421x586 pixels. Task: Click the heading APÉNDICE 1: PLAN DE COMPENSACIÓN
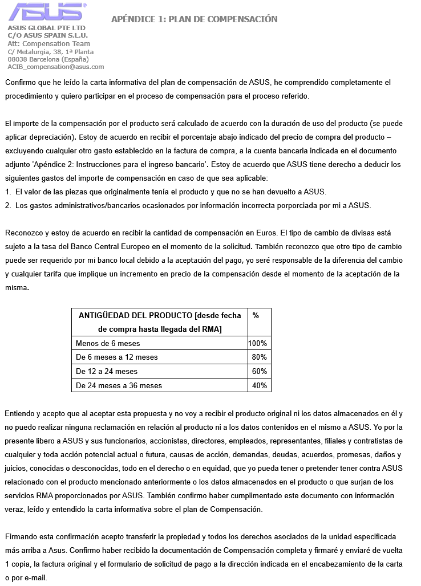coord(194,19)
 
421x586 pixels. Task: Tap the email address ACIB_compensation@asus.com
coord(55,67)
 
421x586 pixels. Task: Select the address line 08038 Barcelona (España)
coord(48,59)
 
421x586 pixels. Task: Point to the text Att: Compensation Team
coord(48,44)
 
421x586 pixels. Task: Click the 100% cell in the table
coord(258,343)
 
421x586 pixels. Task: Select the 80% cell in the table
coord(260,357)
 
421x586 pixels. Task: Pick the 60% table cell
coord(260,372)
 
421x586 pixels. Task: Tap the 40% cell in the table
coord(260,386)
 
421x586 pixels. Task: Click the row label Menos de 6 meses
coord(108,343)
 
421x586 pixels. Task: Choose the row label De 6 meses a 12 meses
coord(116,357)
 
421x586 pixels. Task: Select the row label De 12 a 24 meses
coord(107,372)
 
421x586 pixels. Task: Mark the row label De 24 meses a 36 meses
coord(119,386)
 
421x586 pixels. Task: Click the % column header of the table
coord(256,315)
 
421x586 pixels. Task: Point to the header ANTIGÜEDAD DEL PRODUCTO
coord(160,315)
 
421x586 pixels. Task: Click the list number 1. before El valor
coord(8,192)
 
